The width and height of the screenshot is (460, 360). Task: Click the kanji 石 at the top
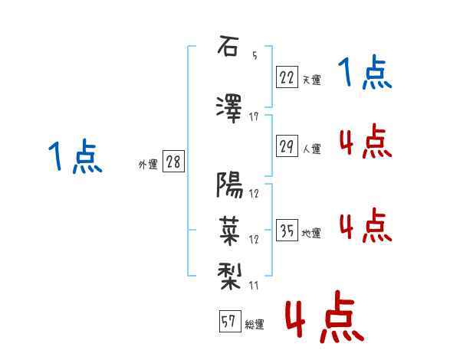point(228,46)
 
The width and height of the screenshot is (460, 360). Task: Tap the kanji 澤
point(228,109)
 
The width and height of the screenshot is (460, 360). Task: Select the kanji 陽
point(229,185)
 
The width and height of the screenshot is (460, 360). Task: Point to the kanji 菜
point(229,231)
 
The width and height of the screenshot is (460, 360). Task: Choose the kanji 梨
point(229,277)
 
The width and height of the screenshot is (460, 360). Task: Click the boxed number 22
point(287,77)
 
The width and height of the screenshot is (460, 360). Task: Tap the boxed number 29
point(287,146)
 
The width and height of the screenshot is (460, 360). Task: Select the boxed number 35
point(287,230)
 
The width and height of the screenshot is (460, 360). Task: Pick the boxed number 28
point(173,162)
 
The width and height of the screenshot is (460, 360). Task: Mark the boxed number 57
point(230,321)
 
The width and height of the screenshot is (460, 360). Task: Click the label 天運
point(311,80)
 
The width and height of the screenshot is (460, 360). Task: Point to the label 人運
point(311,149)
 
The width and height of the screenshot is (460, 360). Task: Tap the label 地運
point(311,233)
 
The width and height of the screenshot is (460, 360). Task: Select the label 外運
point(148,165)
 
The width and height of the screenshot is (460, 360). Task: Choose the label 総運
point(255,324)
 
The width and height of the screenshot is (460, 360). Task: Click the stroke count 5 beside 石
point(255,55)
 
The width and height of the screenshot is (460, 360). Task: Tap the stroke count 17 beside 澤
point(254,117)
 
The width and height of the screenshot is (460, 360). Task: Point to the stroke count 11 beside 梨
point(254,285)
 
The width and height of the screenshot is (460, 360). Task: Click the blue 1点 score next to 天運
point(365,72)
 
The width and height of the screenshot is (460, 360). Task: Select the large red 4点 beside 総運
point(324,316)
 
